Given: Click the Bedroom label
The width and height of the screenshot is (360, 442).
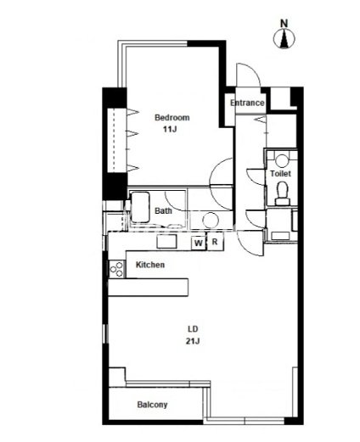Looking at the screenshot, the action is (172, 117).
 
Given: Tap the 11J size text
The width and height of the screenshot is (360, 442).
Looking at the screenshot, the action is (170, 129).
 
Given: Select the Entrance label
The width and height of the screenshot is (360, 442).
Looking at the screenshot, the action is (247, 103).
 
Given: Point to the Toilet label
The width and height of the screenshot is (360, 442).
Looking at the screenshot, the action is (280, 173).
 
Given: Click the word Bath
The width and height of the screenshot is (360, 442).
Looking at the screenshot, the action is (163, 210).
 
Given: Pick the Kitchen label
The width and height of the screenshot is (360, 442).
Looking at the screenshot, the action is (150, 265).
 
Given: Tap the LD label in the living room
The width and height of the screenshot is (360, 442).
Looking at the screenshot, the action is (193, 329).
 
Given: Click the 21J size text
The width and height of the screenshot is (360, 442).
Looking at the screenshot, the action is (193, 341).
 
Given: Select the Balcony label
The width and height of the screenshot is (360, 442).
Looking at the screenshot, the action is (152, 405).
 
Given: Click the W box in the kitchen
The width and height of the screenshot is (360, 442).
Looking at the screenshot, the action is (199, 243).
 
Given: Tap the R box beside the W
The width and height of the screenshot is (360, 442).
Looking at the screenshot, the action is (215, 242).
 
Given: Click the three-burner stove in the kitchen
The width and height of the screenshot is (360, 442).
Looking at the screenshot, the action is (116, 269).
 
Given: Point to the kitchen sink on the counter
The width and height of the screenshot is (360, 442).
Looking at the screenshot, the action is (167, 242).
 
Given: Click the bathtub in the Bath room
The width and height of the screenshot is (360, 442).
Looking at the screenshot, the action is (139, 208).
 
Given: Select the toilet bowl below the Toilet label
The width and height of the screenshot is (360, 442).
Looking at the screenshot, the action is (282, 193).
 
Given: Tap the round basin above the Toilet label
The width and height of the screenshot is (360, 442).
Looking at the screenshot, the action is (282, 160).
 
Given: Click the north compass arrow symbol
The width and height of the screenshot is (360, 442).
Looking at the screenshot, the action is (284, 38).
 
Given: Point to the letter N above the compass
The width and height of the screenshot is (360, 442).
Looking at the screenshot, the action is (284, 23).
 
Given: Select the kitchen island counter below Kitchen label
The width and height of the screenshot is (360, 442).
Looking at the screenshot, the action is (149, 288).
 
